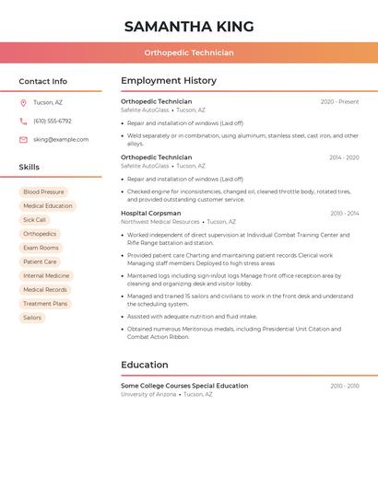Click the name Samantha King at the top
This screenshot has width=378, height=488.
189,26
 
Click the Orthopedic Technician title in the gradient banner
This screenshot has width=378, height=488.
189,52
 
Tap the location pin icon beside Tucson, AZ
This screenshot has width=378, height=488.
23,102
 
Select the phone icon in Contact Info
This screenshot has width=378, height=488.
23,121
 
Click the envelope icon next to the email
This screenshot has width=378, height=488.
23,140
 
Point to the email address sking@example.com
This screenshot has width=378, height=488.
61,140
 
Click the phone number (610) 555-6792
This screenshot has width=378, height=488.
53,121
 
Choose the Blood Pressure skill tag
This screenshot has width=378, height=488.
43,192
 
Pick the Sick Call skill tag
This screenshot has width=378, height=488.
34,220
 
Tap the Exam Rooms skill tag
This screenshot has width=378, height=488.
41,248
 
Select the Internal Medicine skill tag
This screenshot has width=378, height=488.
46,275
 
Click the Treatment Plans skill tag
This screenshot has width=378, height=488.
45,304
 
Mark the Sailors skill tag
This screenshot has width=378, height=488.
32,318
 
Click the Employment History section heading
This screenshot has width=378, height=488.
169,81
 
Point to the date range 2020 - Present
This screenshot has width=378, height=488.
339,101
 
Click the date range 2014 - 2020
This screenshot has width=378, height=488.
344,157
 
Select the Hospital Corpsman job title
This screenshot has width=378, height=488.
151,213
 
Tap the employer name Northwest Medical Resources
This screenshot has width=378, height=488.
160,222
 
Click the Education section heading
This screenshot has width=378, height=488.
145,365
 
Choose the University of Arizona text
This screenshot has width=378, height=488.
148,394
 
